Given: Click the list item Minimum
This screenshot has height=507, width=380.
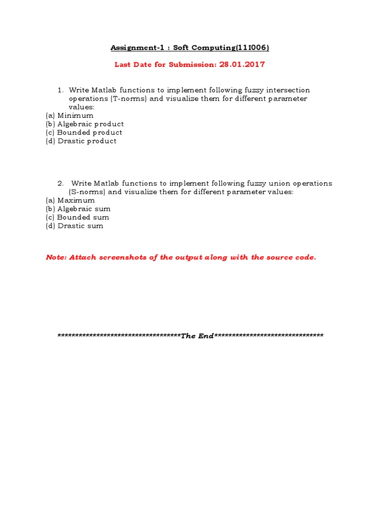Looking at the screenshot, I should pos(75,115).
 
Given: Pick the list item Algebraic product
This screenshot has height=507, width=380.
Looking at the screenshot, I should pos(91,124).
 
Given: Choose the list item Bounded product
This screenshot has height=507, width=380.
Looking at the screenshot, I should pos(90,132).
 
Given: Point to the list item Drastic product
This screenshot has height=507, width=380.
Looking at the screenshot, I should pos(87,141).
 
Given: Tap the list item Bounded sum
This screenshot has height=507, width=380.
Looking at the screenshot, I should pos(83,217).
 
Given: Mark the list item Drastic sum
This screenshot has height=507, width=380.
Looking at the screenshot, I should pos(81,225).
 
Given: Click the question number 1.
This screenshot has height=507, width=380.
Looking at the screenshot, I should pos(60,90).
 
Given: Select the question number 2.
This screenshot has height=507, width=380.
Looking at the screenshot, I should pos(60,183).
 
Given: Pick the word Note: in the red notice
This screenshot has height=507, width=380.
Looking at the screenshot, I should pos(56,257).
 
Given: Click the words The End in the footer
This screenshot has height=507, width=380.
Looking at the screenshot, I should pos(197,336).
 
